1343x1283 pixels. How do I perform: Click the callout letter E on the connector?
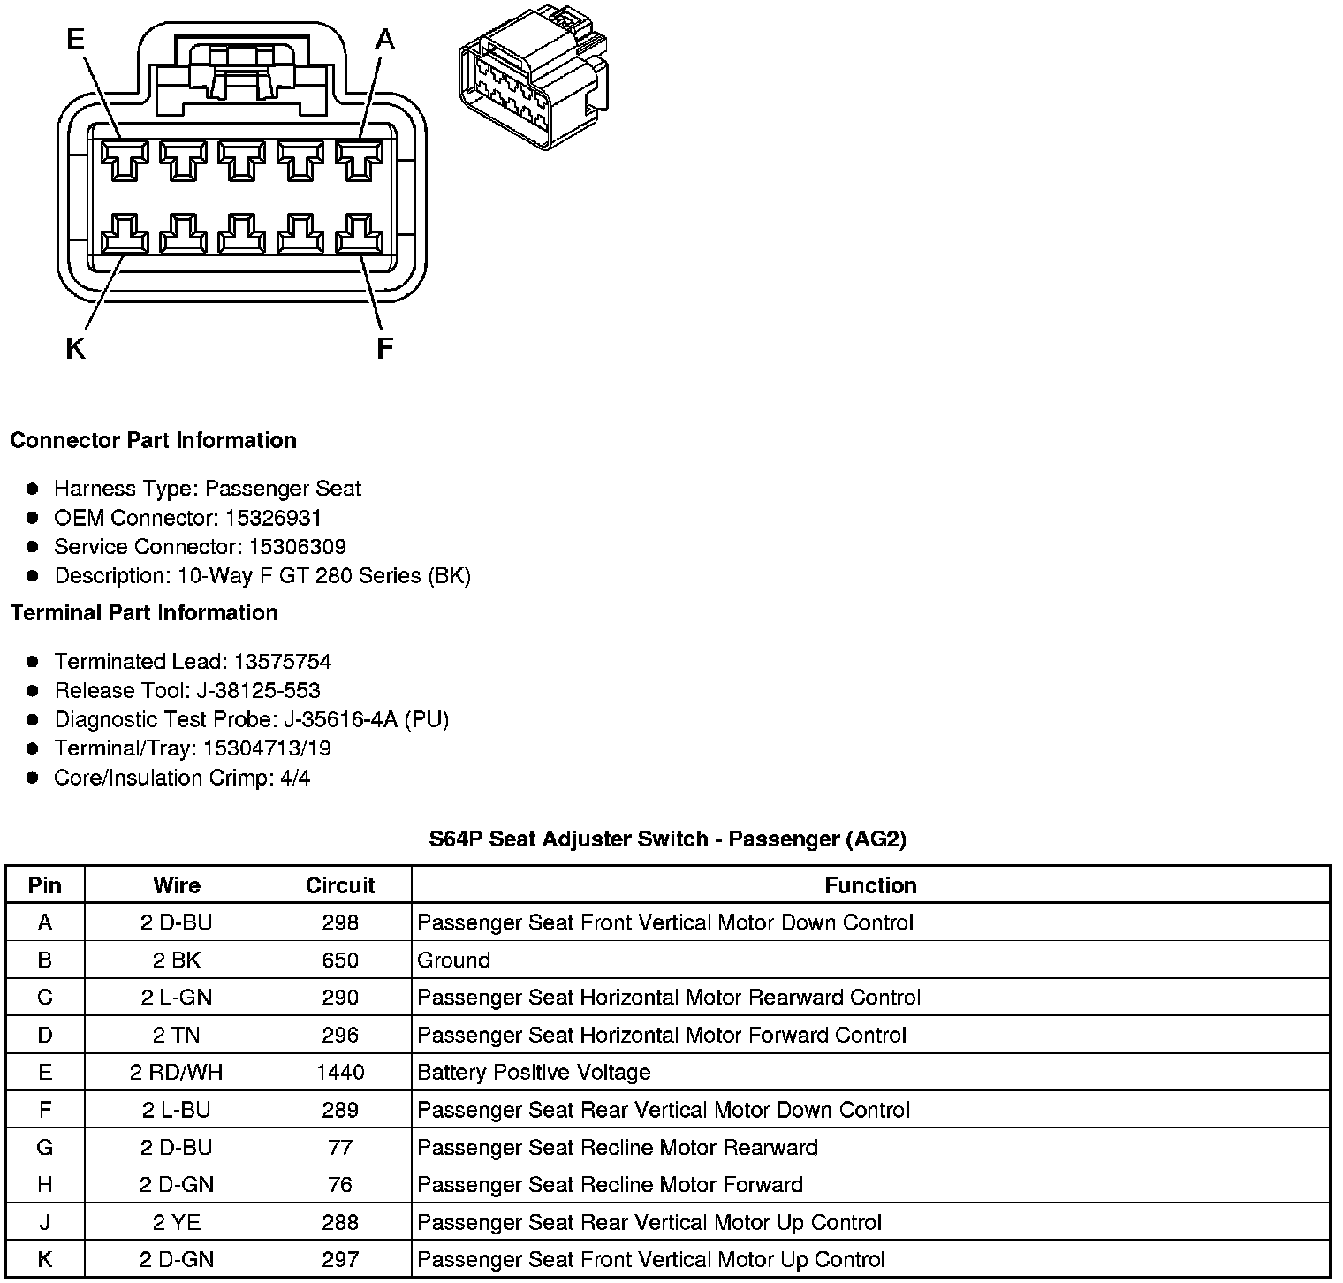click(76, 40)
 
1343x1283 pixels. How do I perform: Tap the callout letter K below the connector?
click(76, 350)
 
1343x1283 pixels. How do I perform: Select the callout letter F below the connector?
click(384, 350)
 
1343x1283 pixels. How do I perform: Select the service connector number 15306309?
click(297, 547)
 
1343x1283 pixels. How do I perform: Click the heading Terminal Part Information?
click(144, 613)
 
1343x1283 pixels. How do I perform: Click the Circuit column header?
click(340, 885)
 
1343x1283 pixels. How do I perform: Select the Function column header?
click(870, 885)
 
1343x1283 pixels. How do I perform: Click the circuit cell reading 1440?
click(340, 1073)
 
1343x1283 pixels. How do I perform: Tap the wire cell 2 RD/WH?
click(177, 1073)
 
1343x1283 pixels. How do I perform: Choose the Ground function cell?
click(454, 960)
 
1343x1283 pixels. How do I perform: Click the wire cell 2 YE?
click(177, 1223)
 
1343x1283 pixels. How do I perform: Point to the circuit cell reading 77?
click(340, 1148)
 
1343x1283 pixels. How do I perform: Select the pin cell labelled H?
click(45, 1185)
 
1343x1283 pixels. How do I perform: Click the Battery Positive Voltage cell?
click(534, 1073)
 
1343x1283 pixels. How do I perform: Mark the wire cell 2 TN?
click(177, 1036)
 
